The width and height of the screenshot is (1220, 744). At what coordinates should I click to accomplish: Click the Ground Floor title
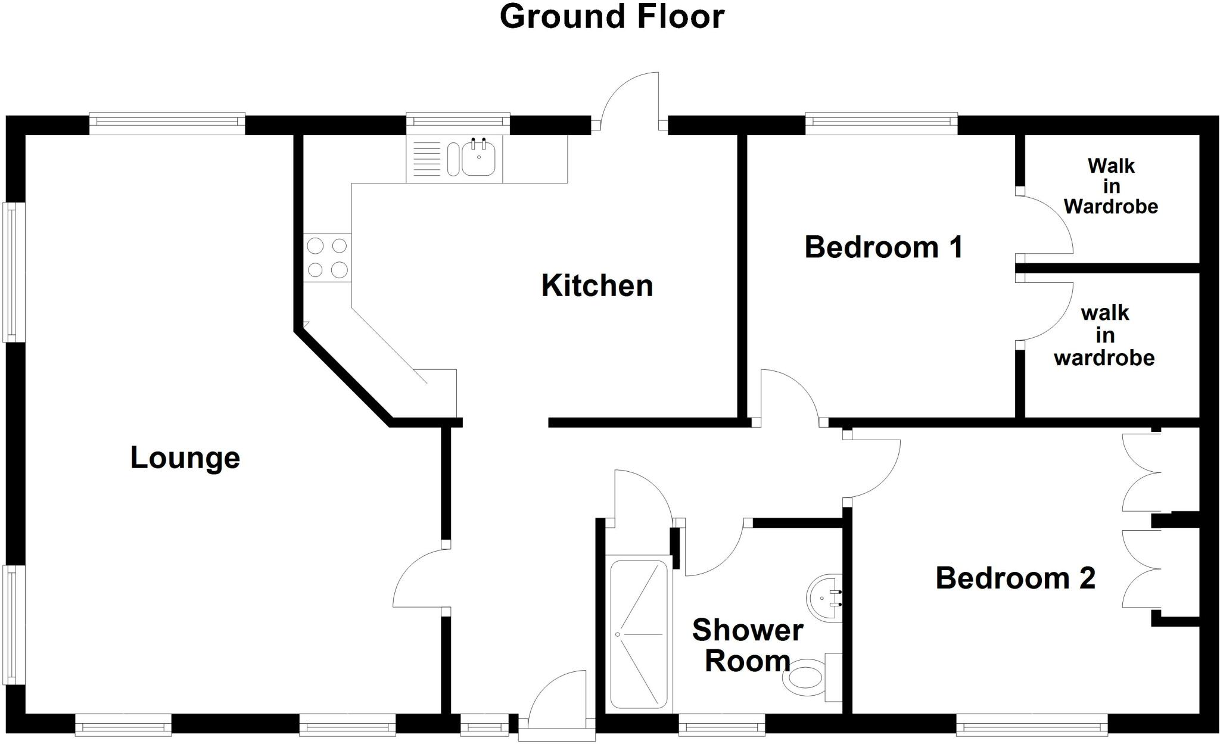coord(612,17)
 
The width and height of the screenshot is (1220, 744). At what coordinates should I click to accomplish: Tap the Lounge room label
coord(185,458)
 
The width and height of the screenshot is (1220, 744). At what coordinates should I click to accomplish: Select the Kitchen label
coord(597,286)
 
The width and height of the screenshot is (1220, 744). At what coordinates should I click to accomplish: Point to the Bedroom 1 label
coord(883,247)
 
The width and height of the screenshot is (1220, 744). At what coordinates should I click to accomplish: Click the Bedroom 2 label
coord(1015,578)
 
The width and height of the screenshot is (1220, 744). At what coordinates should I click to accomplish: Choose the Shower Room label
coord(748,646)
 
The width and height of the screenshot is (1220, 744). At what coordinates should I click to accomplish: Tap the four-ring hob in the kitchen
coord(327,257)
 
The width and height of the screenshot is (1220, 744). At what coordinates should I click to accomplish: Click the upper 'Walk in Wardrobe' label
coord(1110,186)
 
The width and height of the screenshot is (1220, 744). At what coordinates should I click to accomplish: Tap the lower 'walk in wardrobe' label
coord(1104,335)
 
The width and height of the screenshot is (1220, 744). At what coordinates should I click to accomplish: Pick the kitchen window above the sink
coord(458,122)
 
